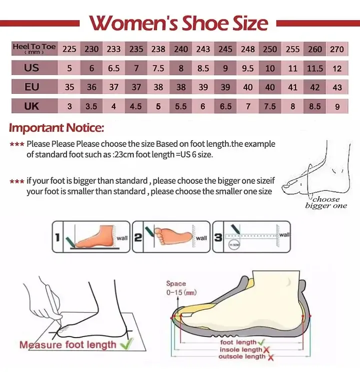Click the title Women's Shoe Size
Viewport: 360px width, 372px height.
pos(178,23)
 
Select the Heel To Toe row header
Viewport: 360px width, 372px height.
pos(34,49)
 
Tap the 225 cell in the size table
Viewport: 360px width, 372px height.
pos(69,49)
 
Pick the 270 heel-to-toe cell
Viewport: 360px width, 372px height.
pos(337,49)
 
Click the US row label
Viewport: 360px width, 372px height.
pos(31,68)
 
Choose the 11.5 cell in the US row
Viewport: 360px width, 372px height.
pos(315,68)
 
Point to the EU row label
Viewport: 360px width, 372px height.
pos(31,87)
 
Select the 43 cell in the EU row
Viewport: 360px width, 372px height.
pos(337,87)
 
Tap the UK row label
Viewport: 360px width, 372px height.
pos(31,106)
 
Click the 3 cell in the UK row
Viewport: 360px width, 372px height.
pos(69,106)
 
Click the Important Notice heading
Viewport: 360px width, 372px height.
pos(56,128)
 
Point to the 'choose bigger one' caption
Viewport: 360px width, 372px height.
pos(325,203)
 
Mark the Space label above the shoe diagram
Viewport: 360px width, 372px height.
pos(176,284)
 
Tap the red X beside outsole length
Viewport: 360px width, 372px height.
pos(270,357)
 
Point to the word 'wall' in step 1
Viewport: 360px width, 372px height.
pos(122,238)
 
